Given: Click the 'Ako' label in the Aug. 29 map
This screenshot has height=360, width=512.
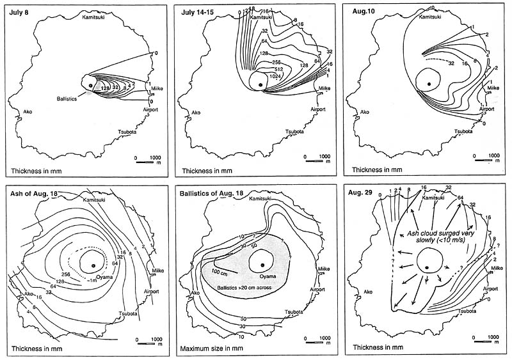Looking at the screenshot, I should coord(367,292).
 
